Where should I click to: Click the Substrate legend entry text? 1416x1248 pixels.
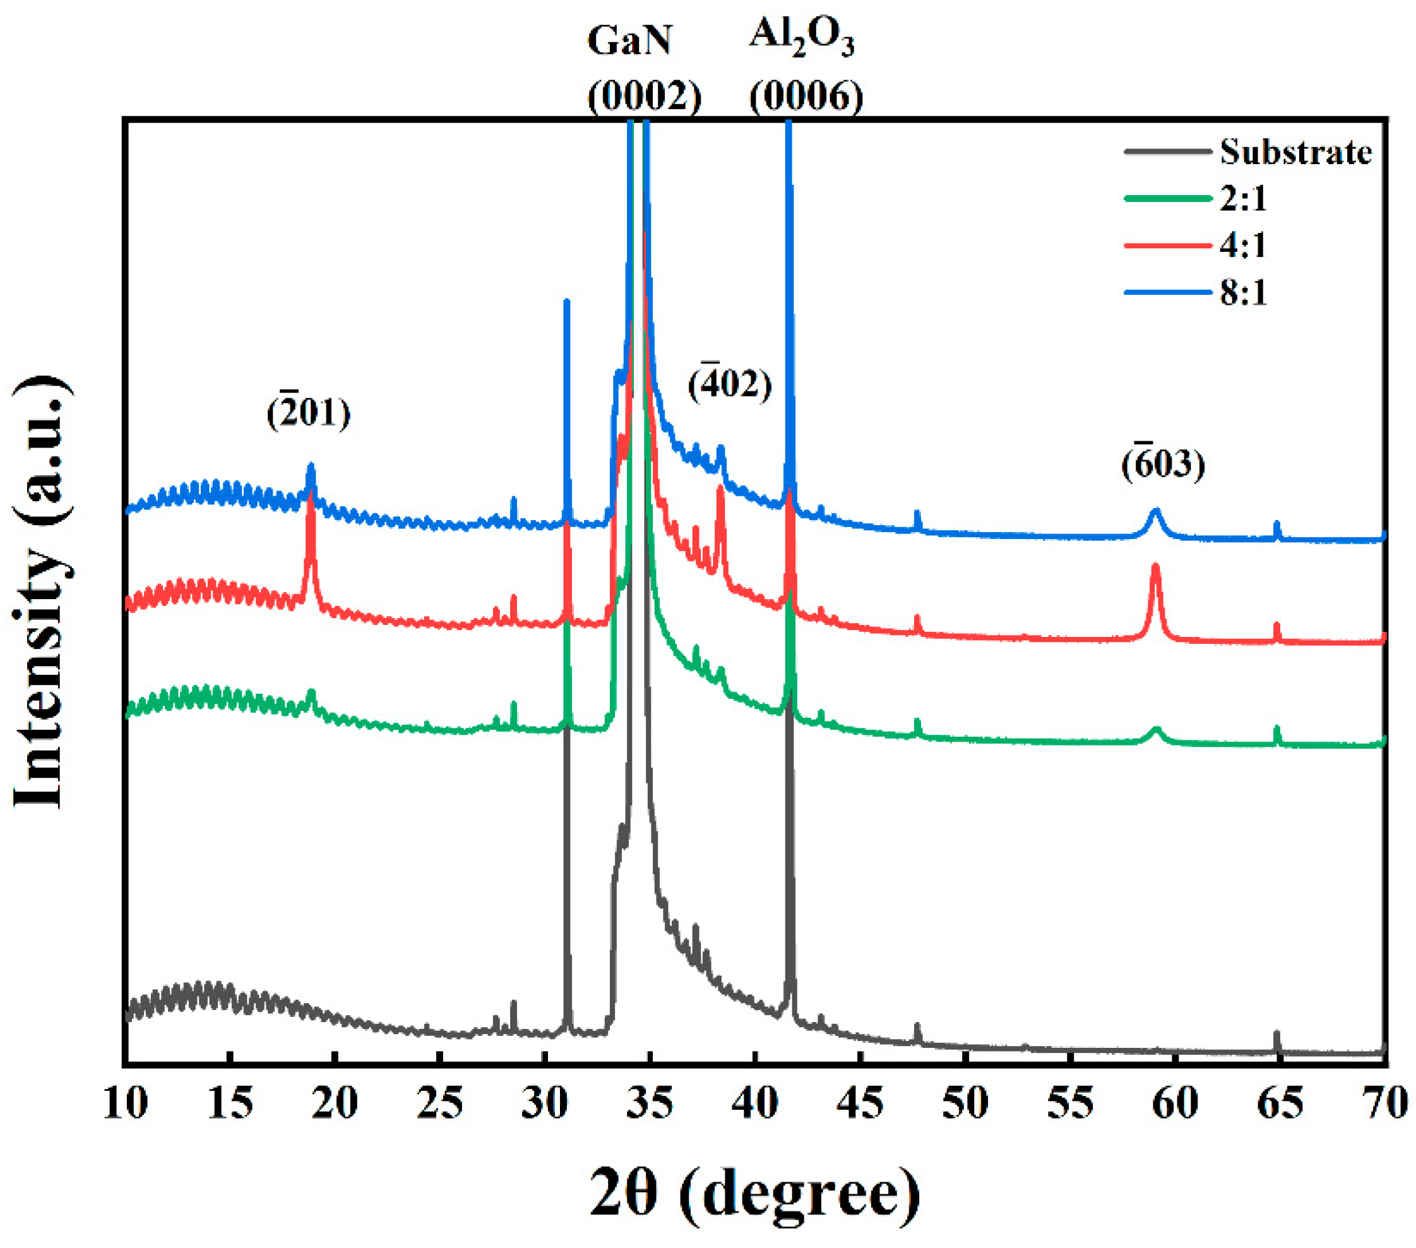pos(1295,152)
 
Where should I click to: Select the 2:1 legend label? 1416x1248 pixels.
pos(1243,199)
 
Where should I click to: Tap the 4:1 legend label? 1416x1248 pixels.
pos(1243,245)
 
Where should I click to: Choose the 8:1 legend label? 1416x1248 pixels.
pos(1243,292)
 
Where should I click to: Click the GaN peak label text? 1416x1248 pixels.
pos(629,40)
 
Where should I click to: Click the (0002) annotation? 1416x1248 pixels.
pos(645,95)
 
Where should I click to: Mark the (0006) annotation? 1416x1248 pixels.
pos(806,95)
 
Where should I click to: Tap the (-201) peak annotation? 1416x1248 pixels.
pos(309,413)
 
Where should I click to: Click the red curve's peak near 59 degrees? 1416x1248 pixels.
pos(1155,566)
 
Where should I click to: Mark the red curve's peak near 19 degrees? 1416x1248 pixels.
pos(311,493)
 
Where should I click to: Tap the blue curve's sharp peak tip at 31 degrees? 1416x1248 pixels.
pos(567,301)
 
